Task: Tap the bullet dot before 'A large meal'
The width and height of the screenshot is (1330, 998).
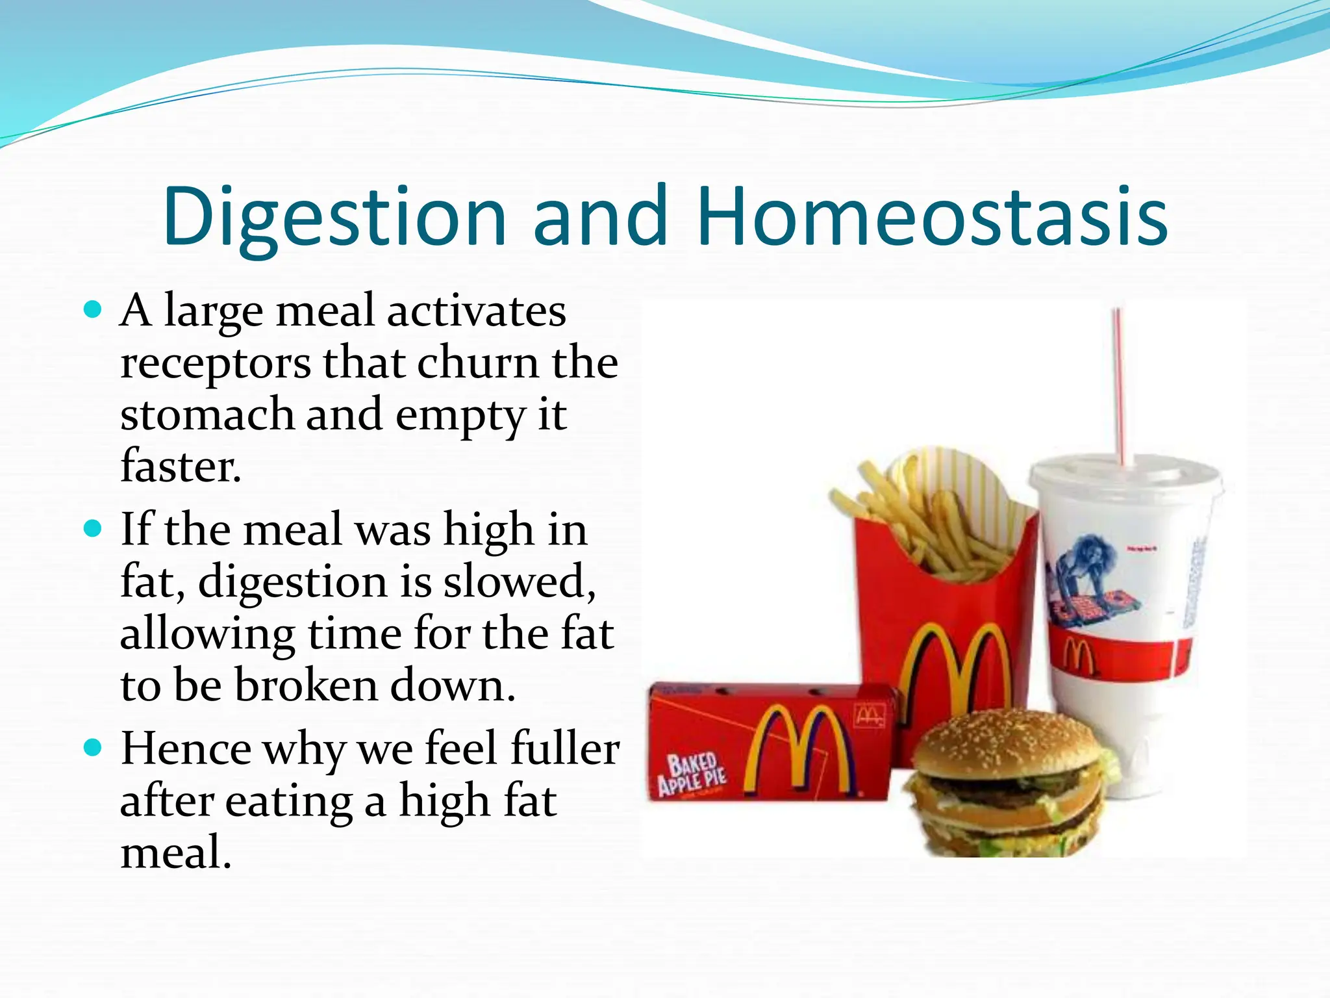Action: (94, 309)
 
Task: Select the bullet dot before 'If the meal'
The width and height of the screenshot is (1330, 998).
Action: (94, 528)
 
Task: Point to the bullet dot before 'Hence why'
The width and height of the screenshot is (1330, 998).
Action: (94, 748)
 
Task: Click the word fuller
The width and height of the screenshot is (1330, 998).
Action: (564, 748)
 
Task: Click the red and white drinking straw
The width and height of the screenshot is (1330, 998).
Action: (1121, 383)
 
